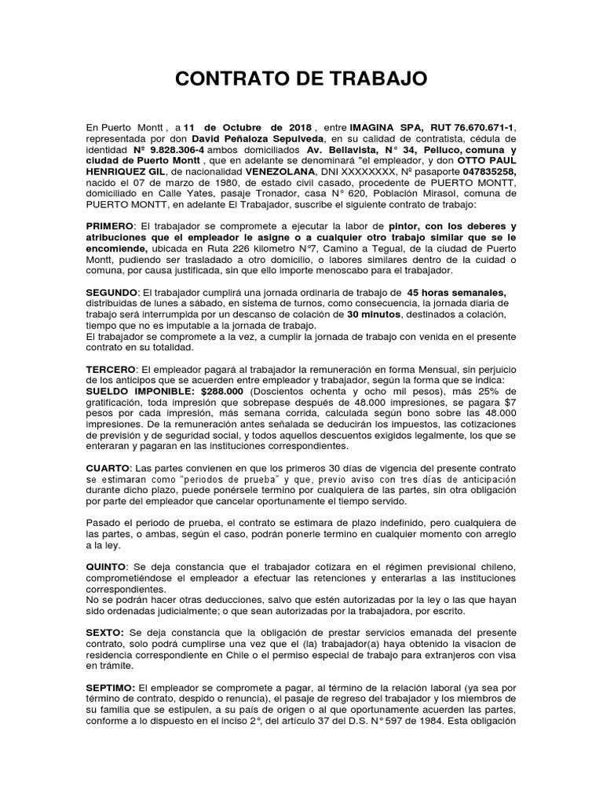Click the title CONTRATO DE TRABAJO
tap(301, 79)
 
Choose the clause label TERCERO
tap(111, 369)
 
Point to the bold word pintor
tap(406, 226)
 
